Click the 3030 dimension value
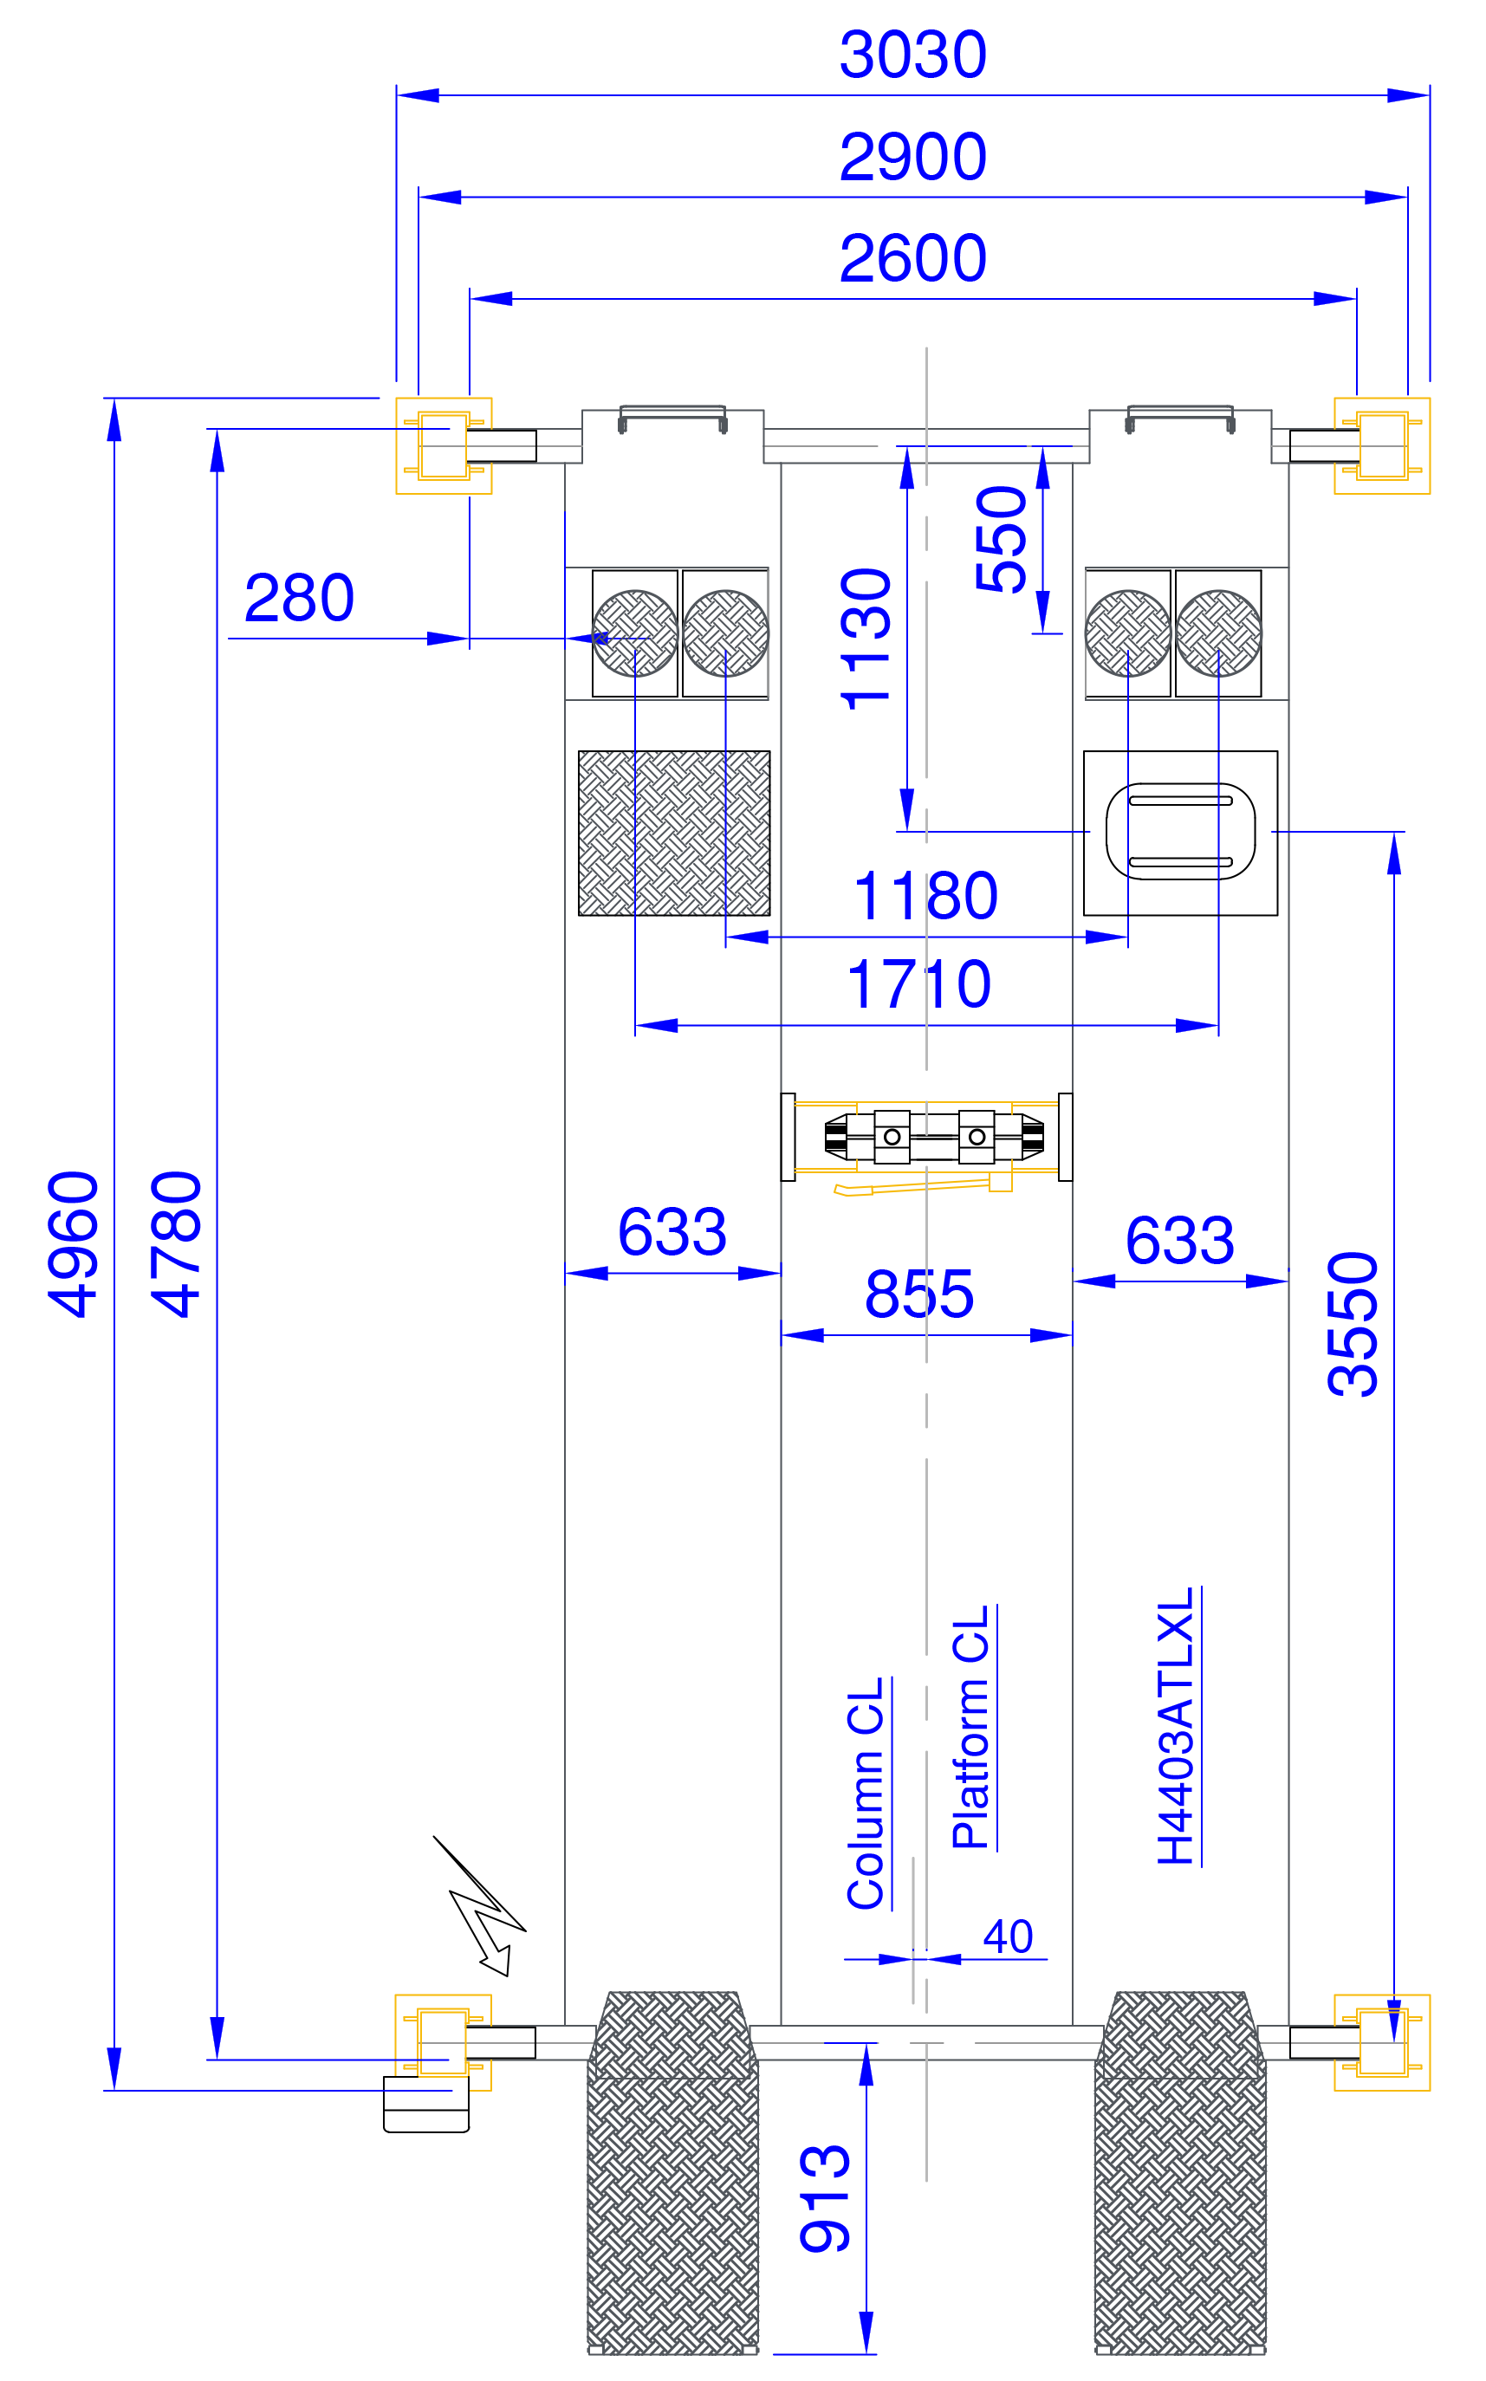912,55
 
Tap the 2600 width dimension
912,258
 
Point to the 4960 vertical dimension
74,1244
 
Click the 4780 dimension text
177,1244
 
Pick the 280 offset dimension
299,599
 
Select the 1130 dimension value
866,639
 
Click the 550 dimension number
1002,540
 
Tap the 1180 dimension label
925,896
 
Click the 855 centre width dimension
919,1294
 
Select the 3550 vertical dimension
1353,1325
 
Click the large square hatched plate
674,834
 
